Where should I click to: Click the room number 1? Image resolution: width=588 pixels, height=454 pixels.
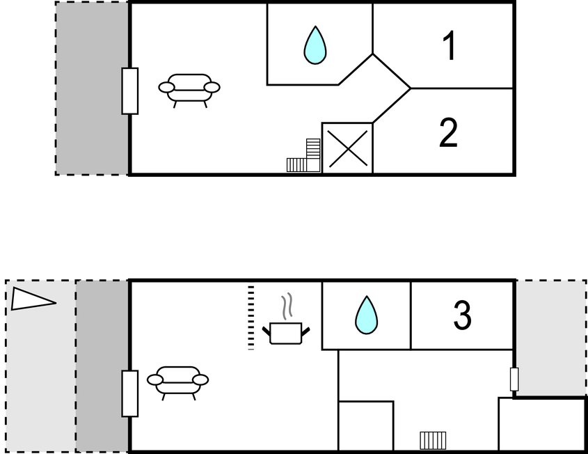tap(450, 45)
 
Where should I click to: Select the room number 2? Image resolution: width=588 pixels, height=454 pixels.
tap(449, 132)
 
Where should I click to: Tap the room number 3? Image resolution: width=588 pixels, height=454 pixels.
tap(462, 315)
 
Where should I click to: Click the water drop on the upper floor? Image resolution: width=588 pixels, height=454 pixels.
tap(315, 45)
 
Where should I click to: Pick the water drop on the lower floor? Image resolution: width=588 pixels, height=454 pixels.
tap(367, 315)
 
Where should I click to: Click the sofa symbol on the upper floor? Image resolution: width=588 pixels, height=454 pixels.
tap(189, 91)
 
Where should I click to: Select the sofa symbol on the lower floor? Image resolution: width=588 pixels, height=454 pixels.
tap(177, 383)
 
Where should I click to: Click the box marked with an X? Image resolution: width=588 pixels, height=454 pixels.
tap(347, 148)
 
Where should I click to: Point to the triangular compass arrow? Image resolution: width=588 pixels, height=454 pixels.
tap(32, 299)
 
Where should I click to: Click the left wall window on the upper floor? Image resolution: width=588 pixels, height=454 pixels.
tap(129, 91)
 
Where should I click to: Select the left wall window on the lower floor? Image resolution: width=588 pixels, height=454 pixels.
tap(129, 393)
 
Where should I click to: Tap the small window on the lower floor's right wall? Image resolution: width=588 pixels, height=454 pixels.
tap(514, 379)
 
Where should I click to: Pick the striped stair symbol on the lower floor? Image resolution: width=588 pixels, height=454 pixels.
tap(433, 441)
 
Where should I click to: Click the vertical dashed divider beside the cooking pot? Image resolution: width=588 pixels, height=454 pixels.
tap(251, 318)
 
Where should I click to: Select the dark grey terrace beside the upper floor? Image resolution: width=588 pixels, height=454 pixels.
tap(93, 88)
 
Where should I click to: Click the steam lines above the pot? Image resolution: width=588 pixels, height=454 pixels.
tap(287, 306)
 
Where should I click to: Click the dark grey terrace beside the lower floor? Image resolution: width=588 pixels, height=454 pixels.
tap(102, 366)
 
